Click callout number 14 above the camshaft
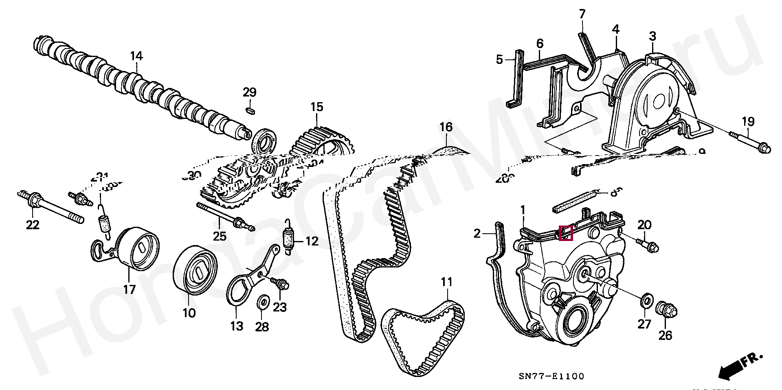point(136,56)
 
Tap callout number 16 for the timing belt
point(446,127)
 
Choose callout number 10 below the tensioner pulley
point(189,313)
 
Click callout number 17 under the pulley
point(129,290)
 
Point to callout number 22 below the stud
point(33,224)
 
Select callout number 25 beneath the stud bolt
point(220,236)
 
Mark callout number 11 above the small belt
point(447,282)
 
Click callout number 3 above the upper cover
point(652,36)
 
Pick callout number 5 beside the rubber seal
point(500,60)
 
